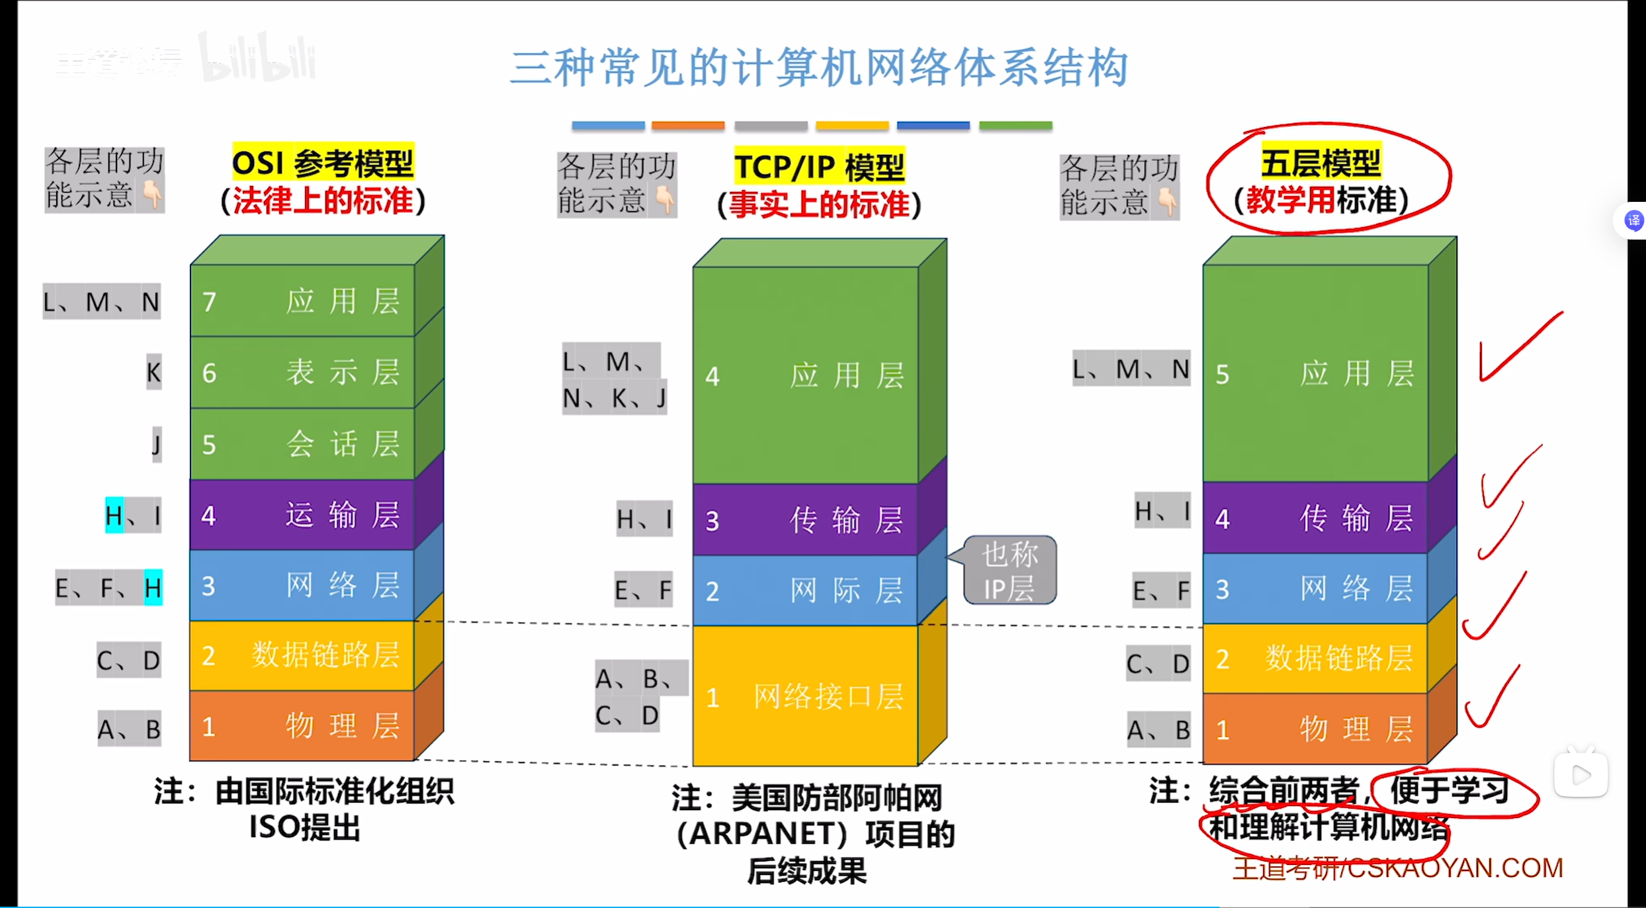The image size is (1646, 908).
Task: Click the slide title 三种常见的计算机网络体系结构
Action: click(x=819, y=68)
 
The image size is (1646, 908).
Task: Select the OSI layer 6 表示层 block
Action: click(x=302, y=373)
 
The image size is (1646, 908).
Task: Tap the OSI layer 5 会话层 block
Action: click(x=302, y=443)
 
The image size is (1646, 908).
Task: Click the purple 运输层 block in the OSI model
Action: click(x=302, y=515)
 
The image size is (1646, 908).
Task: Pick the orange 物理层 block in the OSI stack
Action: click(x=302, y=726)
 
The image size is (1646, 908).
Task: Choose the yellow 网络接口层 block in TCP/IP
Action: click(x=805, y=696)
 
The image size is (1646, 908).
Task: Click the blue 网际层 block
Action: click(x=805, y=590)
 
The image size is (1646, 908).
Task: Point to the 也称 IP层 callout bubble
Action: click(x=1010, y=570)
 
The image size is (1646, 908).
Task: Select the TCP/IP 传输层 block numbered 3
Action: click(x=805, y=520)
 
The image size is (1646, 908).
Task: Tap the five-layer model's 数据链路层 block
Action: click(x=1315, y=658)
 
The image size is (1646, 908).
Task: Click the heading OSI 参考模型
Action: click(x=323, y=163)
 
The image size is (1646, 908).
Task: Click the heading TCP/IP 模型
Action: click(x=819, y=167)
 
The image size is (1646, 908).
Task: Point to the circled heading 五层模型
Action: click(x=1321, y=163)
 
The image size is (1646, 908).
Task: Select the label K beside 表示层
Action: click(x=153, y=373)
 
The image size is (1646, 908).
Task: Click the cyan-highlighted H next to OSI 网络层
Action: click(x=153, y=587)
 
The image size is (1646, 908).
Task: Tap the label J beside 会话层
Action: click(x=157, y=444)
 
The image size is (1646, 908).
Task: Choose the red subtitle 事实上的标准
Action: click(x=819, y=204)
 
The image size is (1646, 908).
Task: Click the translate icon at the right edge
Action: click(x=1633, y=220)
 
